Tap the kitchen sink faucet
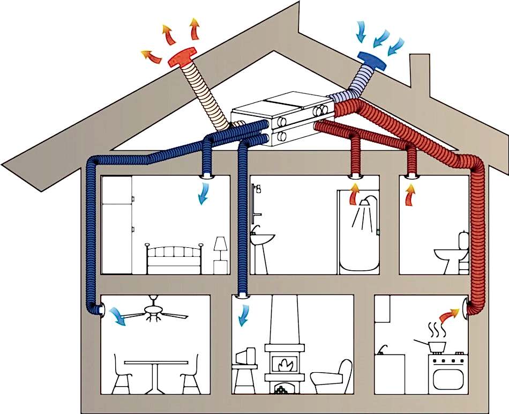(381, 349)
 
